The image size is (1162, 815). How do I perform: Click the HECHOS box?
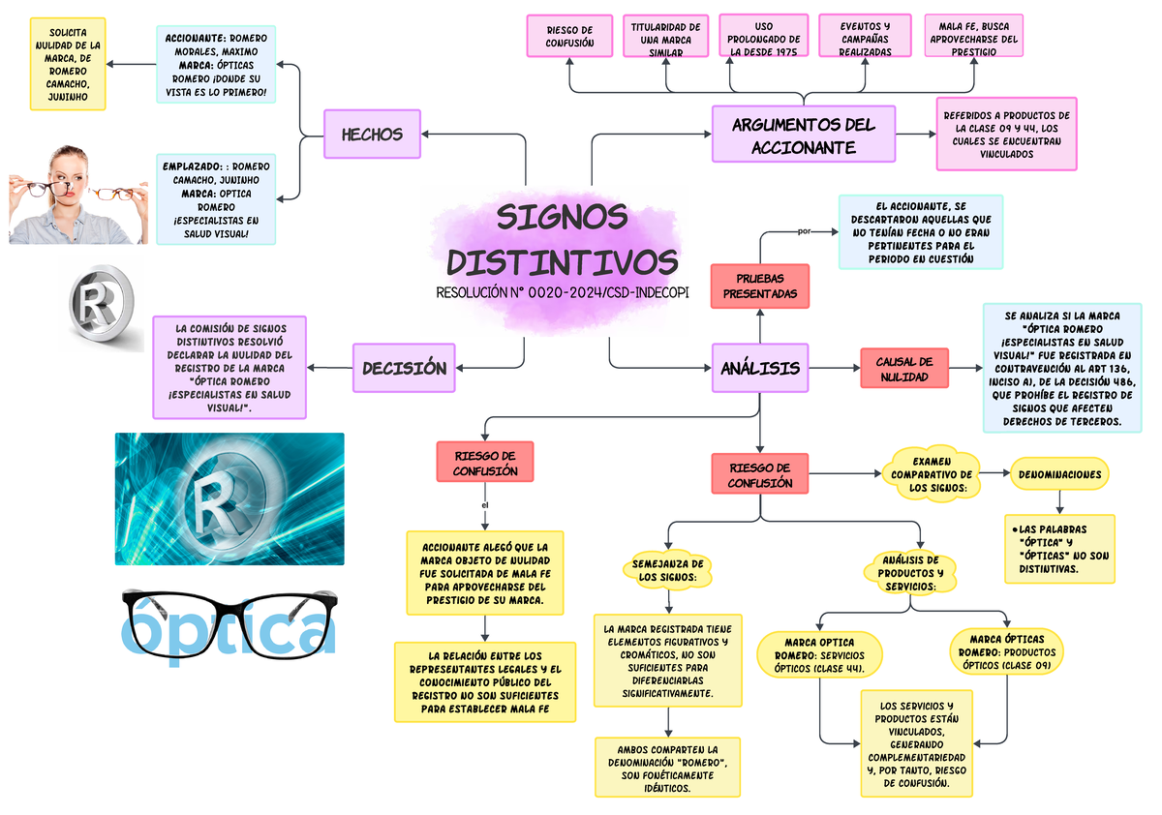372,135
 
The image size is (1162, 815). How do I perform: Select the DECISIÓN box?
404,368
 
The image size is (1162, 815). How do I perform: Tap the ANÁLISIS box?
760,368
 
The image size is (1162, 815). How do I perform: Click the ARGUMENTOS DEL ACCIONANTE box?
803,135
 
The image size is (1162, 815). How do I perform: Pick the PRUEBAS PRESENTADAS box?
760,287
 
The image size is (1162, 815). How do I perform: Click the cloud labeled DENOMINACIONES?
1059,475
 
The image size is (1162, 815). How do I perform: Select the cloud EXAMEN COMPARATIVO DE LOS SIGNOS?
932,473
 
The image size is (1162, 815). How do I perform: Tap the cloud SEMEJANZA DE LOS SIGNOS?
666,571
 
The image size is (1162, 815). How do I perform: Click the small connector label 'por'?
802,231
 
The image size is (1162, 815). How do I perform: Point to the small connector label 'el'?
484,503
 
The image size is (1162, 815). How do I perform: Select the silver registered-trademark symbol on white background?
102,307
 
